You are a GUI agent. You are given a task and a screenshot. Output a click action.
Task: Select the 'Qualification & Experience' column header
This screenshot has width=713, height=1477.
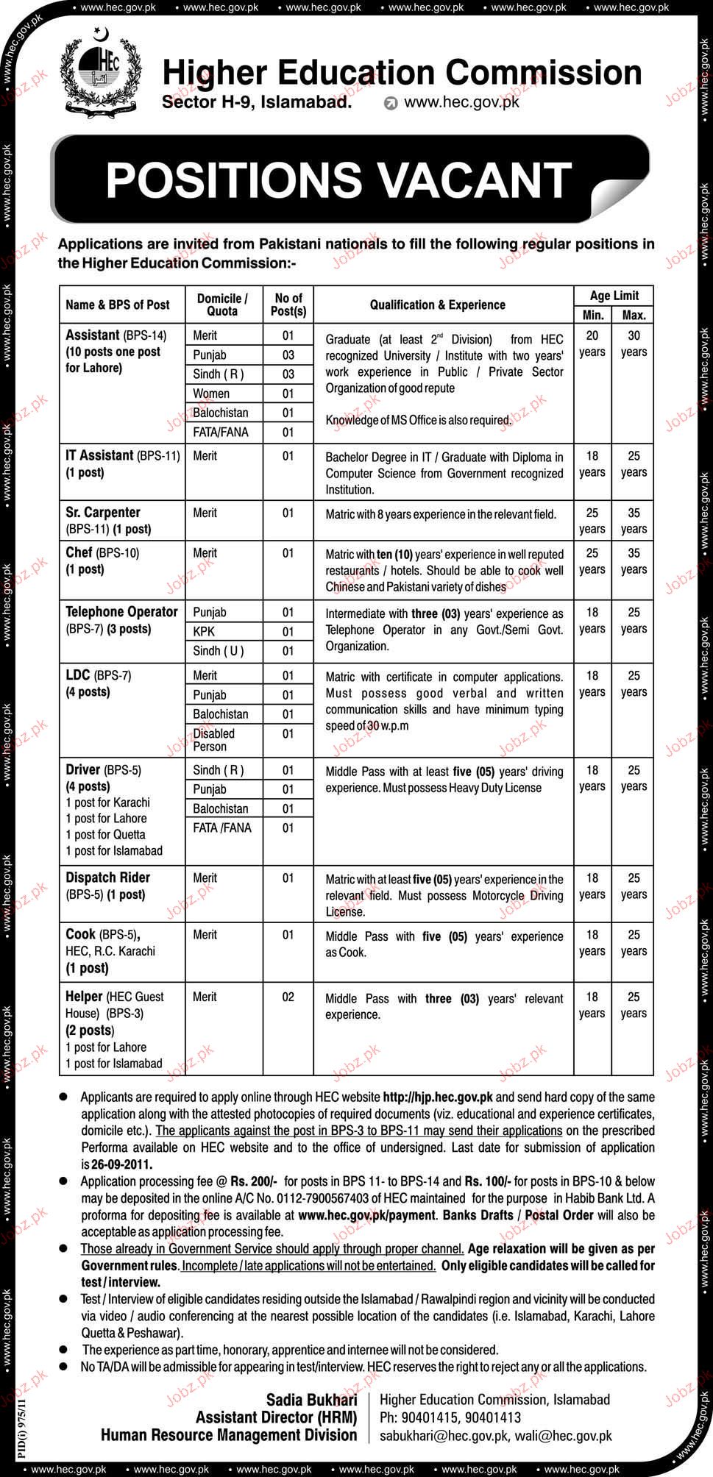point(437,305)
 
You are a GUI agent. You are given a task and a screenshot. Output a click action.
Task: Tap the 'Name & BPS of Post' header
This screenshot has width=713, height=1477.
point(118,305)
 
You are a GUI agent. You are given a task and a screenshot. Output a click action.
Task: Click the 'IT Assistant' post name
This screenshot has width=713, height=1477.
point(99,455)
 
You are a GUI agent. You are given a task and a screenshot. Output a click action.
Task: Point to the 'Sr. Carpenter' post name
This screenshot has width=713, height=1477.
point(102,512)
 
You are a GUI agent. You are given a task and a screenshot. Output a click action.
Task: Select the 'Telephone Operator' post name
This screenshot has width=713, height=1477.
point(121,611)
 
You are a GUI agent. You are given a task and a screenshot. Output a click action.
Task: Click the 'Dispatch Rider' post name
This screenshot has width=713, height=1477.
point(107,877)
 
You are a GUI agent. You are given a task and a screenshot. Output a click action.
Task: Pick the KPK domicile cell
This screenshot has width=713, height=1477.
point(204,631)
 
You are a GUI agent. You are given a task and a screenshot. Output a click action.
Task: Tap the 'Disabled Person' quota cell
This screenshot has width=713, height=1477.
point(213,740)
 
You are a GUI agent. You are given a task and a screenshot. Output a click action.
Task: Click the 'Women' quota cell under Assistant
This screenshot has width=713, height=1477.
point(211,394)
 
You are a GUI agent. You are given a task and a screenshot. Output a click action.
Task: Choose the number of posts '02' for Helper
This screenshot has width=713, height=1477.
point(288,997)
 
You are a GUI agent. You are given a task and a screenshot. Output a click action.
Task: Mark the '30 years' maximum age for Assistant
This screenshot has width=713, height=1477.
point(634,344)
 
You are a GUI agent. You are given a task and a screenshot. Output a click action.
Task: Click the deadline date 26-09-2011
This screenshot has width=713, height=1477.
point(121,1164)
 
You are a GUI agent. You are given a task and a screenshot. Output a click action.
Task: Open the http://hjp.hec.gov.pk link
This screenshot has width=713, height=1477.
point(438,1097)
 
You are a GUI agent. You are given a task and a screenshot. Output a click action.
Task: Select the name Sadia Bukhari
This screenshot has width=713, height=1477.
point(311,1400)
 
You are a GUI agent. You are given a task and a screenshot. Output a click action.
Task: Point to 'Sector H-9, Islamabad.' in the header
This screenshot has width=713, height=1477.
point(257,102)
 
